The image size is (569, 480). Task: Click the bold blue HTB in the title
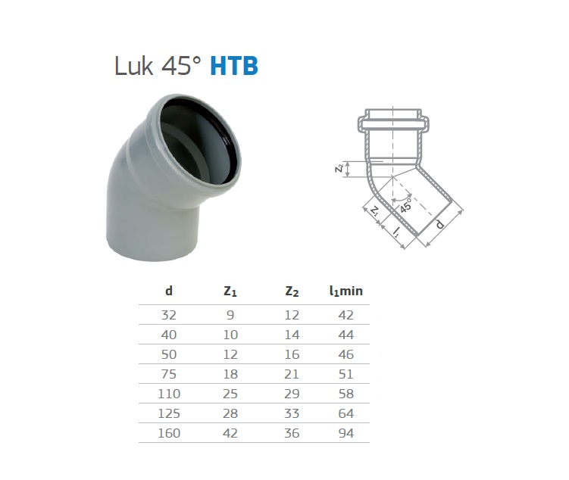[234, 67]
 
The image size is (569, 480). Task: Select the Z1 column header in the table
[230, 291]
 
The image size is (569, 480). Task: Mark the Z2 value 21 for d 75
[292, 374]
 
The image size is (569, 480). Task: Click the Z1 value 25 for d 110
[230, 394]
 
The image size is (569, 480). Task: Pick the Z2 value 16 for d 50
[292, 354]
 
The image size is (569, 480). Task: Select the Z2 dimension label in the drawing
[339, 169]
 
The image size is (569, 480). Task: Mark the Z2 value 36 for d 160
[292, 433]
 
